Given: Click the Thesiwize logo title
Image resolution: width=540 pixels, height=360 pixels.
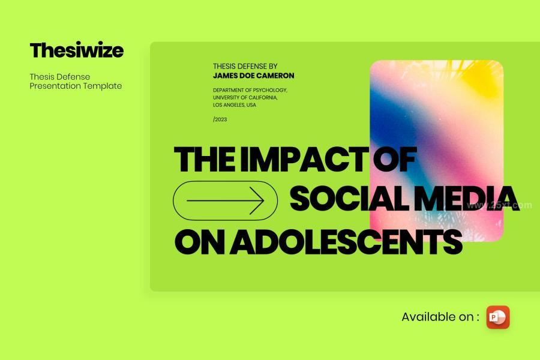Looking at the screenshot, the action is tap(76, 50).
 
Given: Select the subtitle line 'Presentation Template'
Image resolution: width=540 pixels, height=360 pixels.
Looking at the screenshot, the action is tap(76, 86).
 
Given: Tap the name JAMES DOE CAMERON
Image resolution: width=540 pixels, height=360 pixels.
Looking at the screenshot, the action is tap(253, 76).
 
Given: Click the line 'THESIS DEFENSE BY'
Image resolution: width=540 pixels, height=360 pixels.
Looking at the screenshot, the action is tap(245, 66).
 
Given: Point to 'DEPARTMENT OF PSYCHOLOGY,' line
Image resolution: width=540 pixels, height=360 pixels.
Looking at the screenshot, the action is tap(250, 90).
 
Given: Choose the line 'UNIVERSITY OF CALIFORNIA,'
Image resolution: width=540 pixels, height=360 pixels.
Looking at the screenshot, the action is tap(245, 97).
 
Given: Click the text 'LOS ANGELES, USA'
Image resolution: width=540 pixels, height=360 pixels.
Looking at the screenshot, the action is tap(234, 105).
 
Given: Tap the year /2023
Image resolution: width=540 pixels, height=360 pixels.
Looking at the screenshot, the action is tap(220, 119).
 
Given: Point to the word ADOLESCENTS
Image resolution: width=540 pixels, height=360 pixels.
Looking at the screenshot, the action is tap(346, 242).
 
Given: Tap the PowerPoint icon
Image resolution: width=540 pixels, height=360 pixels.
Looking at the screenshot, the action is tap(497, 317).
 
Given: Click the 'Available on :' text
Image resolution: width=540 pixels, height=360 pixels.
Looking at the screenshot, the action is tap(440, 317).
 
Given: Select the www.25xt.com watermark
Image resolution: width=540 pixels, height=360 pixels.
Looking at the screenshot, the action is tap(499, 205).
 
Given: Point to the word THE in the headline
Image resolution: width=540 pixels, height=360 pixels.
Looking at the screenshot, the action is tap(205, 159).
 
